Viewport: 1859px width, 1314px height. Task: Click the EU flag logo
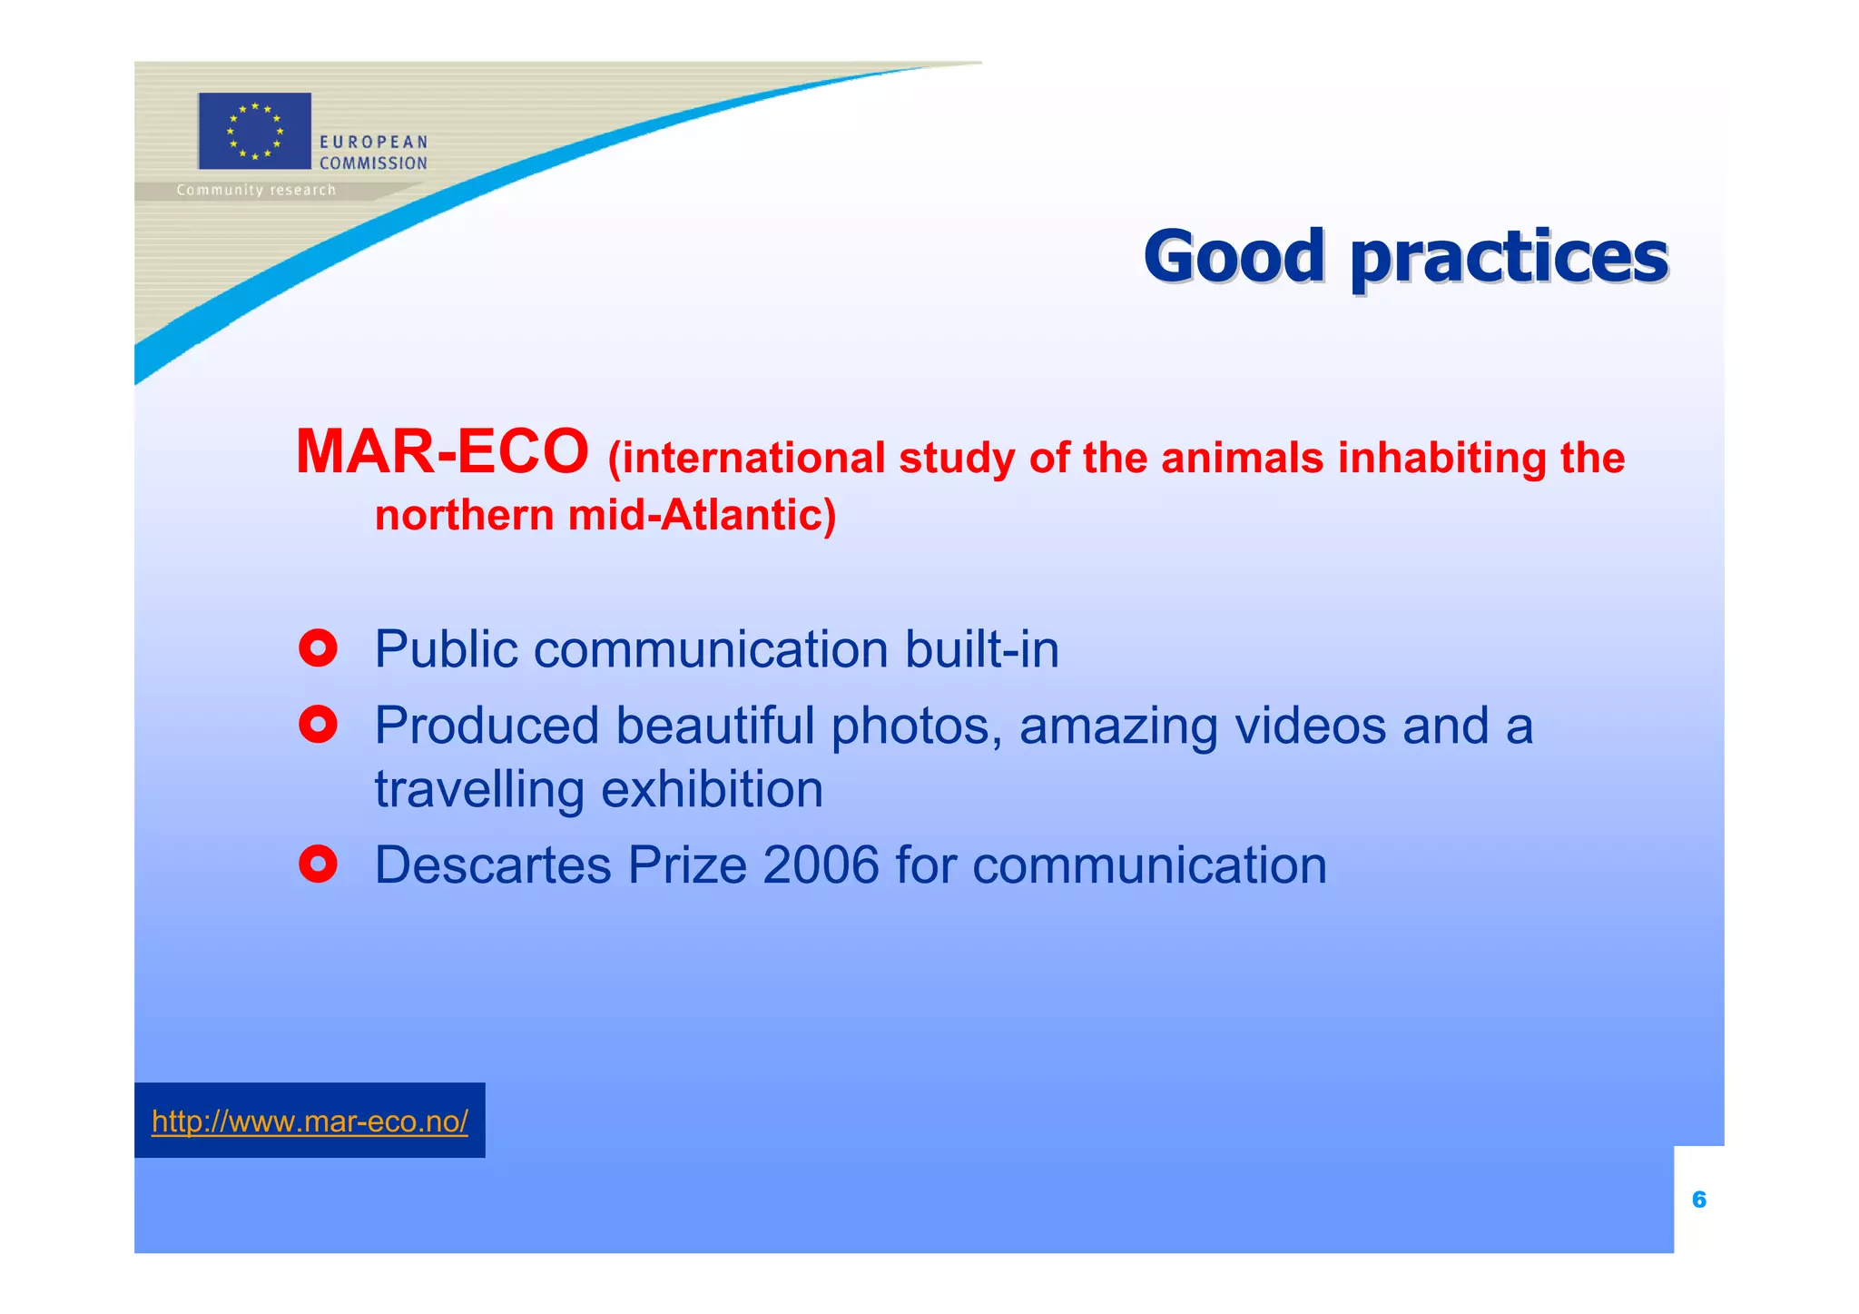click(254, 131)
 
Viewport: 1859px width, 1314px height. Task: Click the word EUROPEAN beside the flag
click(373, 142)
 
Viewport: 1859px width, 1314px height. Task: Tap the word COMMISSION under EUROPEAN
click(373, 163)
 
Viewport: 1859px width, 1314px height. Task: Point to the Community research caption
click(256, 190)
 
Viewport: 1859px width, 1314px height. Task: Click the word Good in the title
click(1234, 256)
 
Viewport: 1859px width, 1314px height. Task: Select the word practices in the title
click(1509, 258)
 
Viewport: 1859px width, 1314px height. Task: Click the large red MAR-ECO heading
click(442, 451)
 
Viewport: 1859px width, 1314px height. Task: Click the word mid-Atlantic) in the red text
click(702, 515)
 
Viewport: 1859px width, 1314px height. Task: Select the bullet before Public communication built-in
click(318, 648)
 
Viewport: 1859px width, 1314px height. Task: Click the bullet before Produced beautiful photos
click(318, 725)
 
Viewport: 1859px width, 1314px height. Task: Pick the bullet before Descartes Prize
click(318, 864)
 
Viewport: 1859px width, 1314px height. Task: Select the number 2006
click(821, 864)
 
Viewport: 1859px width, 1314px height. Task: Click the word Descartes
click(493, 864)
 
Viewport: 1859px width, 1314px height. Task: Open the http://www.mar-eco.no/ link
click(310, 1121)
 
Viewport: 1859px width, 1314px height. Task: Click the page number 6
click(1699, 1200)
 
